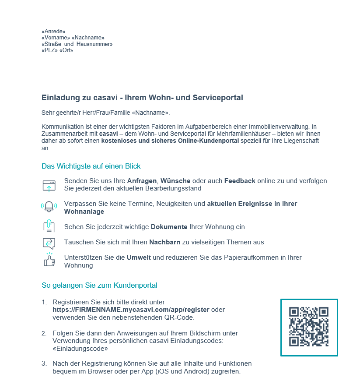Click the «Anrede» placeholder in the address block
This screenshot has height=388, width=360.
53,32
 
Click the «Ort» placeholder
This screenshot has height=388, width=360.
66,50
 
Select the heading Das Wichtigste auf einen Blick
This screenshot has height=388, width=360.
91,166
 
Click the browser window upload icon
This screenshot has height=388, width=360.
49,185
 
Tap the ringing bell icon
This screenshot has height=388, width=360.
49,206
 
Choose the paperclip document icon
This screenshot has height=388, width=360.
49,226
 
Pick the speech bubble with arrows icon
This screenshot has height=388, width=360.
49,243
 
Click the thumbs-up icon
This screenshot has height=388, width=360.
49,260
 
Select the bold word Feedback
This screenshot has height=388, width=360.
240,181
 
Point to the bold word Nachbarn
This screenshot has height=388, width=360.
165,242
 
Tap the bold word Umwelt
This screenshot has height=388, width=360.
139,257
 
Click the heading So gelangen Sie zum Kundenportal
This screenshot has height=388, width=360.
99,286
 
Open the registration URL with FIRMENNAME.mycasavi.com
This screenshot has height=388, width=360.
131,310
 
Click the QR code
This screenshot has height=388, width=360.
309,327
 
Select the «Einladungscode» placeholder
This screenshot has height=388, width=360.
80,349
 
